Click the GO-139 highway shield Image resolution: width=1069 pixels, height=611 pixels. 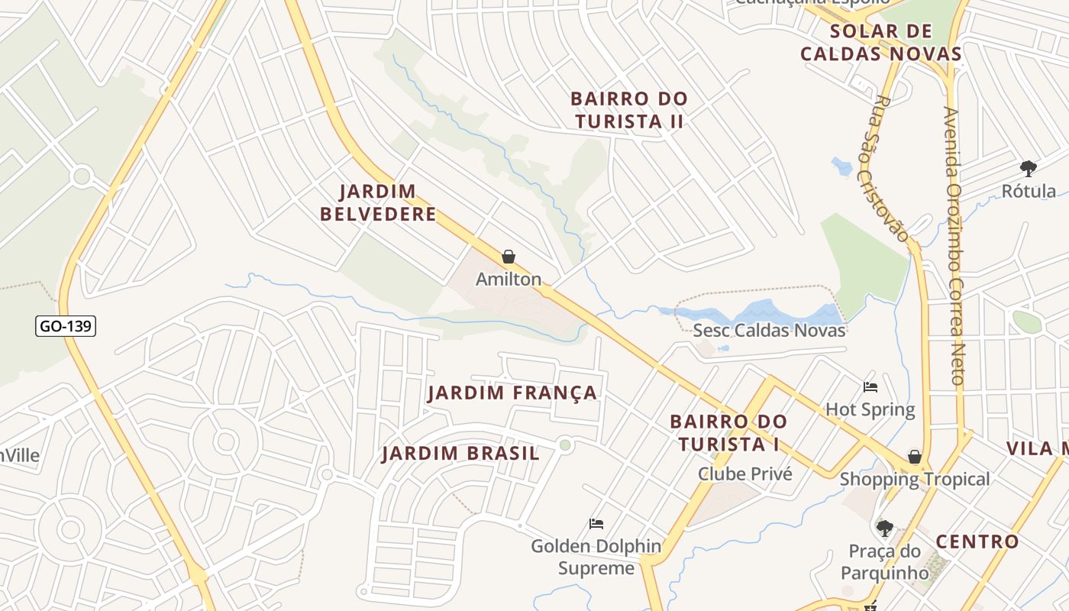(x=66, y=326)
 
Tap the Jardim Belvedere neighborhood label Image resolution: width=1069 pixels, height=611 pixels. (x=378, y=202)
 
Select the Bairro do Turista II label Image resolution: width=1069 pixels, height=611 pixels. (x=629, y=110)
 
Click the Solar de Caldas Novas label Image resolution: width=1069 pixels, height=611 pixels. (x=880, y=43)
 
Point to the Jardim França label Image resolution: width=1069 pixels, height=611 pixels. (x=512, y=393)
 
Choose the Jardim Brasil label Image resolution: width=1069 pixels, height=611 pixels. (x=461, y=454)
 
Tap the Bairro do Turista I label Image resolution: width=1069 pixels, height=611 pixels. (x=728, y=432)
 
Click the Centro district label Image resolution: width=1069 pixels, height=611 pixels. (x=977, y=542)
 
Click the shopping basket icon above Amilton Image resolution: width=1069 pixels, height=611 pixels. (x=509, y=257)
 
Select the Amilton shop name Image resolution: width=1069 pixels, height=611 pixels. (x=509, y=280)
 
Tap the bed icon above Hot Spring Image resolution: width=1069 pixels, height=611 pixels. (x=870, y=387)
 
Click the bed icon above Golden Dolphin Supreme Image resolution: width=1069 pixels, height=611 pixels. (x=596, y=524)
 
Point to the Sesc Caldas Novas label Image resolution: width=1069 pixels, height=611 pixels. (x=769, y=330)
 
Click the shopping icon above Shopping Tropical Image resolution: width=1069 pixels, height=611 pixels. (x=914, y=457)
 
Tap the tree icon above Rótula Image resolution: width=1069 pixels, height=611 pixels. (x=1029, y=168)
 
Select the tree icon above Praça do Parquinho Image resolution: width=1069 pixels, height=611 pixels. (x=885, y=528)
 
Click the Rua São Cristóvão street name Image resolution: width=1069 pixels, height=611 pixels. (x=893, y=168)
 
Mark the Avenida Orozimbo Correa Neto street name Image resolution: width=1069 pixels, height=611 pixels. (x=954, y=244)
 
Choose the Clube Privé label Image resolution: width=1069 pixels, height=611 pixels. (x=745, y=474)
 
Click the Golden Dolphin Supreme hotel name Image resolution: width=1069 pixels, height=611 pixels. (x=596, y=557)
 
